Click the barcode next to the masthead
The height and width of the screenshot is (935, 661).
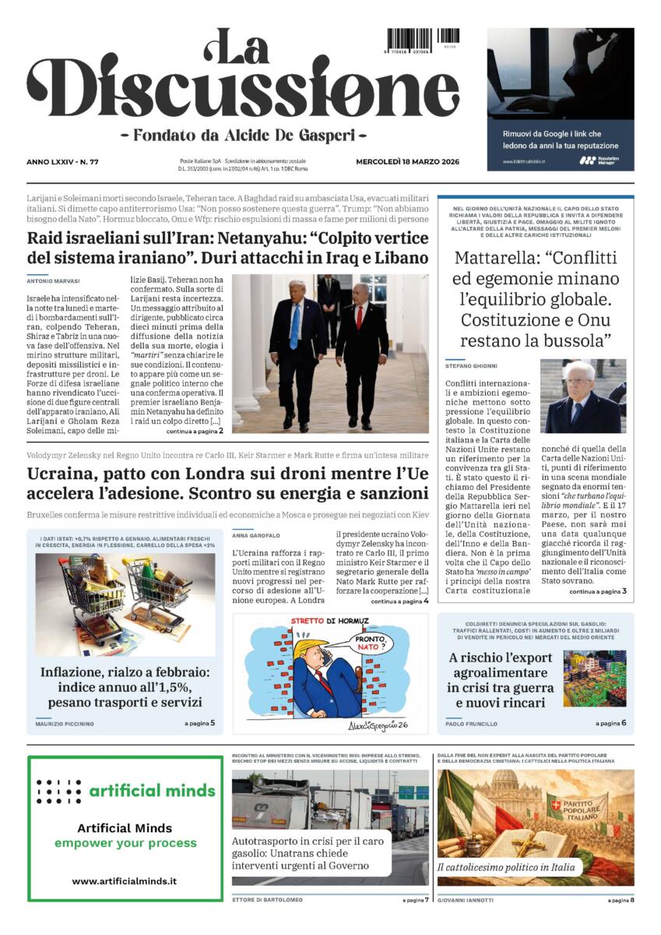click(x=410, y=40)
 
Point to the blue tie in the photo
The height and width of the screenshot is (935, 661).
click(x=294, y=325)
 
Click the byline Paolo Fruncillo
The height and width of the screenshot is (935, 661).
click(x=473, y=724)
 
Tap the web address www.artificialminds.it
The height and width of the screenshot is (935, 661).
click(x=124, y=880)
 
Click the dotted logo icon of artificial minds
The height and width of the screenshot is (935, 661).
click(x=59, y=791)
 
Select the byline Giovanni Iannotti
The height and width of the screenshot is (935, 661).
click(x=466, y=900)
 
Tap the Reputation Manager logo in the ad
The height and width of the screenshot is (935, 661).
click(x=599, y=160)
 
